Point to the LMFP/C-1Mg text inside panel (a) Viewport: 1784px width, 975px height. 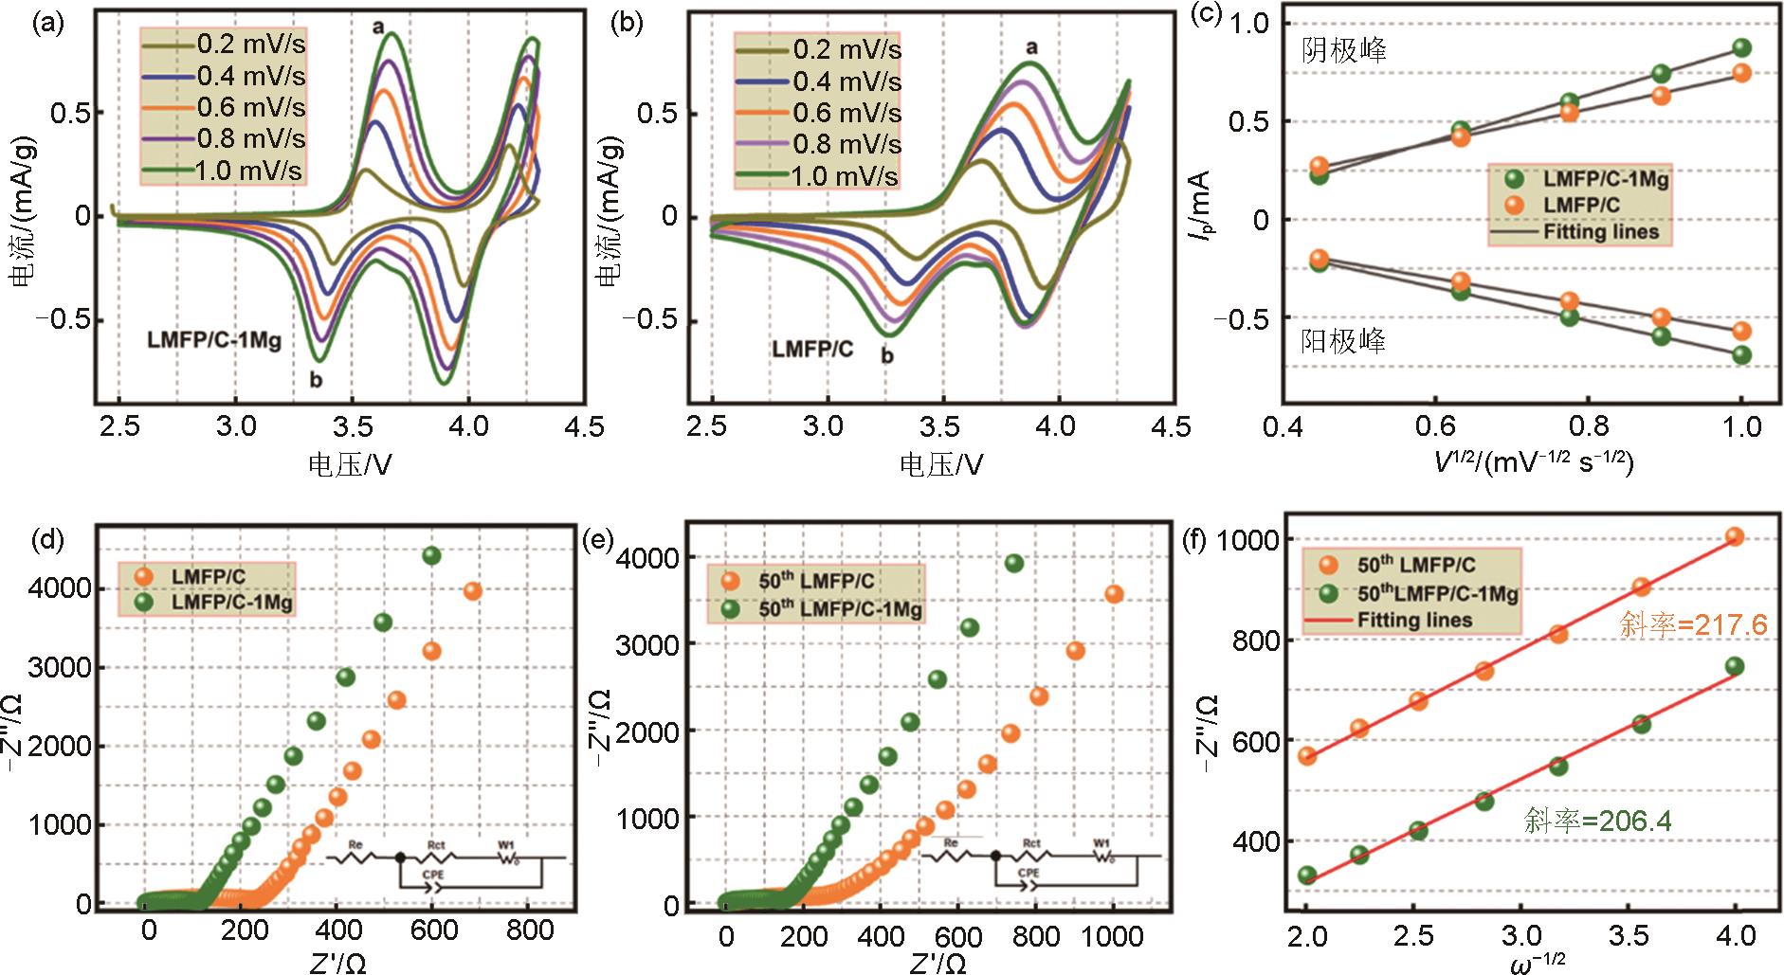pyautogui.click(x=214, y=339)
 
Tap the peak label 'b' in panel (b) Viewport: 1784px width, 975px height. pyautogui.click(x=887, y=357)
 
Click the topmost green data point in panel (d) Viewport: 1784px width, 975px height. pyautogui.click(x=431, y=555)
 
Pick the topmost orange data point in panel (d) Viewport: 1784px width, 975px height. pyautogui.click(x=472, y=591)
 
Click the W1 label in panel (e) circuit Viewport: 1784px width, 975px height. pyautogui.click(x=1101, y=842)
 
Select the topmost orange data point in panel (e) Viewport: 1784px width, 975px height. pyautogui.click(x=1114, y=594)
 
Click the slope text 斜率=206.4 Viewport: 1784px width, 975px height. pyautogui.click(x=1597, y=821)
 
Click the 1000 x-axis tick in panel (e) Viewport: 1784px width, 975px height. pyautogui.click(x=1112, y=937)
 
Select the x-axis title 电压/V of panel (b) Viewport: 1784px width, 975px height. pyautogui.click(x=941, y=464)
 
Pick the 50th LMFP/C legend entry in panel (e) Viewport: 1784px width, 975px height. pyautogui.click(x=816, y=581)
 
